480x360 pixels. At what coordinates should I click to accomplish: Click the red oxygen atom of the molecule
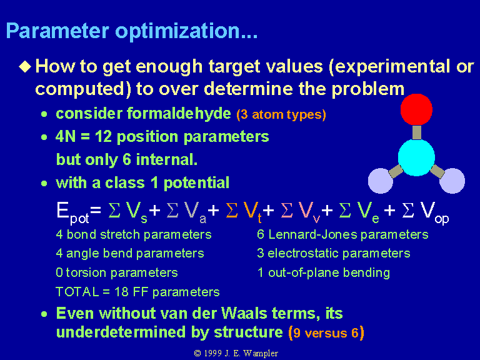pos(416,109)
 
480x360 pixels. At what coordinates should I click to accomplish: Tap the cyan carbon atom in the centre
pos(416,157)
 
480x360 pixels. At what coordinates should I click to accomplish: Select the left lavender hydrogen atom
pos(381,181)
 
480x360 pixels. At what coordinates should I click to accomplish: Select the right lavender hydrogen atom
pos(452,181)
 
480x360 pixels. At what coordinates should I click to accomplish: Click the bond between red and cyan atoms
pos(417,132)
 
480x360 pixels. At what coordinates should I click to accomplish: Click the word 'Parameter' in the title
pos(57,31)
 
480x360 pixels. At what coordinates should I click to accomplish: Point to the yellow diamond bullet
pos(25,66)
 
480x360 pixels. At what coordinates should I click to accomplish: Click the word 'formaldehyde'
pos(179,114)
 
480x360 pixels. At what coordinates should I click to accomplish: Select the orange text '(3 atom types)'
pos(281,114)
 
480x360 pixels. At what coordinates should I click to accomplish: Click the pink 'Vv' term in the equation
pos(309,211)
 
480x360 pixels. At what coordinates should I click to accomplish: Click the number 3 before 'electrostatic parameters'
pos(261,254)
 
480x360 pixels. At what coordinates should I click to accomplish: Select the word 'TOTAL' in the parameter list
pos(77,292)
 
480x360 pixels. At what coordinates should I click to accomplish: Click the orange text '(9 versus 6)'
pos(326,332)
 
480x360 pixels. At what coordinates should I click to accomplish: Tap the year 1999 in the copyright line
pos(212,353)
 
